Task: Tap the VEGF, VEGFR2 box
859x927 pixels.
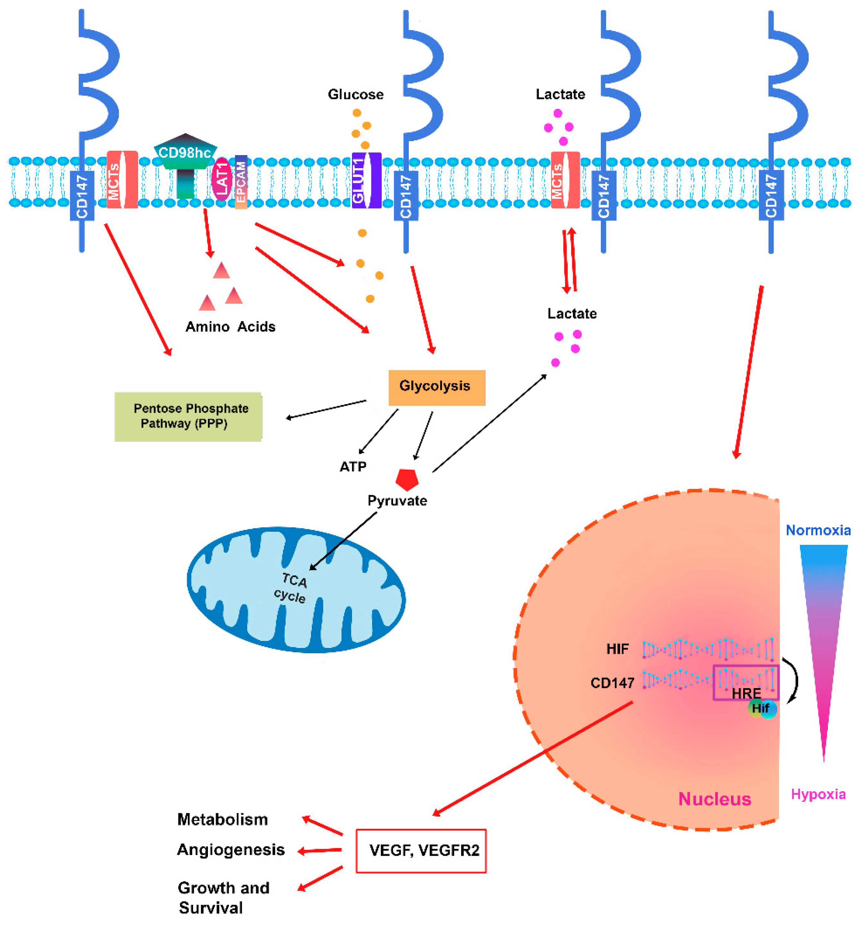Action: pos(421,850)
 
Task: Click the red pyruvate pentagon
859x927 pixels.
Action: pos(407,479)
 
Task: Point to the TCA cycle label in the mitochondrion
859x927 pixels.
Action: pos(292,587)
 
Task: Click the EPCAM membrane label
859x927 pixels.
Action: pos(241,182)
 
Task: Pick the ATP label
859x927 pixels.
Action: pos(353,466)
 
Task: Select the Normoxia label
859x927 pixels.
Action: pos(818,530)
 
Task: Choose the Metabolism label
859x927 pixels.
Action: pos(223,819)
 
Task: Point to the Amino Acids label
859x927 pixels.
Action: pos(230,327)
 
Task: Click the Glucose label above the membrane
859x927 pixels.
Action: pos(356,94)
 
